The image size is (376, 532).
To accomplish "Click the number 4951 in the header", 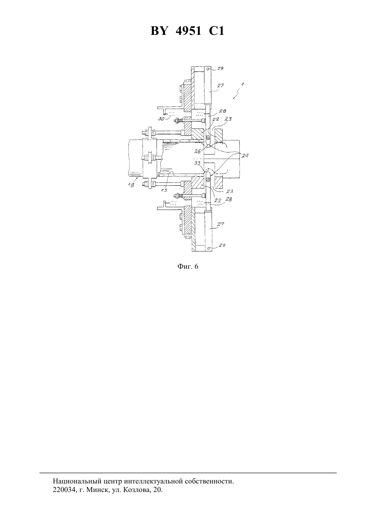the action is click(188, 31).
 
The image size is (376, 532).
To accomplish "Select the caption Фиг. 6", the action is click(188, 266).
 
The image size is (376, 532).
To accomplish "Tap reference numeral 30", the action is click(161, 119).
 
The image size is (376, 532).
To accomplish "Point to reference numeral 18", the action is click(131, 185).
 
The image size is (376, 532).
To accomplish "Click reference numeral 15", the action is click(164, 190).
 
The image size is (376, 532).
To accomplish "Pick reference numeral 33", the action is click(198, 163).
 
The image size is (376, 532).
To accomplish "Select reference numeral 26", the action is click(198, 151).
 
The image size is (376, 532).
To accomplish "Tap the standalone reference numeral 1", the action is click(242, 84).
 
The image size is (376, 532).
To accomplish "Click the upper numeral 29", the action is click(220, 69).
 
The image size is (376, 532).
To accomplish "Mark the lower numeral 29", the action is click(222, 245).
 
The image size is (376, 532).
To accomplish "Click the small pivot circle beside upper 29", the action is click(208, 69).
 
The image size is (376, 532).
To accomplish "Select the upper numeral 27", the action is click(220, 85).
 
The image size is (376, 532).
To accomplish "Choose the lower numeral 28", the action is click(228, 200).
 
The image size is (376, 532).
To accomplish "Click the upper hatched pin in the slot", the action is click(207, 137).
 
